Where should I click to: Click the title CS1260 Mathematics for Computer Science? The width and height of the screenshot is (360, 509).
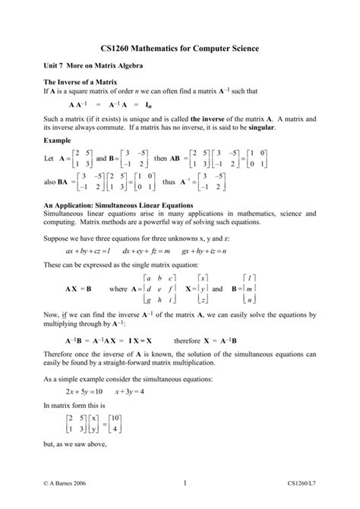(x=180, y=49)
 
